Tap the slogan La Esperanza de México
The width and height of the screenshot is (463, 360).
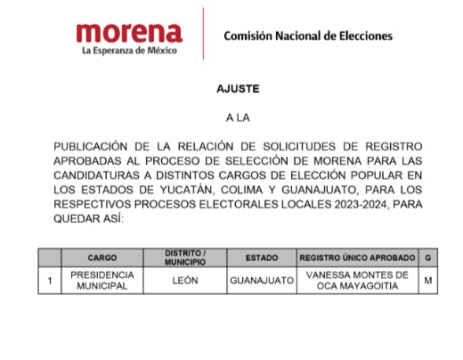pos(128,52)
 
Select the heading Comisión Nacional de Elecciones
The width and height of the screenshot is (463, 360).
pos(307,37)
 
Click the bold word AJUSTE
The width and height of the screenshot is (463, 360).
pos(232,91)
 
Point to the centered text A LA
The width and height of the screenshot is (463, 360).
pos(232,117)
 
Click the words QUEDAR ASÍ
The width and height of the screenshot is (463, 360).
pos(89,219)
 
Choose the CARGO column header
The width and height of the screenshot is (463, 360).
pos(102,258)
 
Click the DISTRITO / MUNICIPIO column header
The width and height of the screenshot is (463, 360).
pos(185,258)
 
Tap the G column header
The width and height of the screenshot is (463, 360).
pos(429,258)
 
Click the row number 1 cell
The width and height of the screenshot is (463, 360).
pos(51,281)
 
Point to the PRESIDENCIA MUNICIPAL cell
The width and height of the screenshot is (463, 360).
pos(102,281)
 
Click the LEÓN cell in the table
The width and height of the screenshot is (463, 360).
pos(185,281)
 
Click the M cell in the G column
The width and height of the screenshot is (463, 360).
pos(429,281)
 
